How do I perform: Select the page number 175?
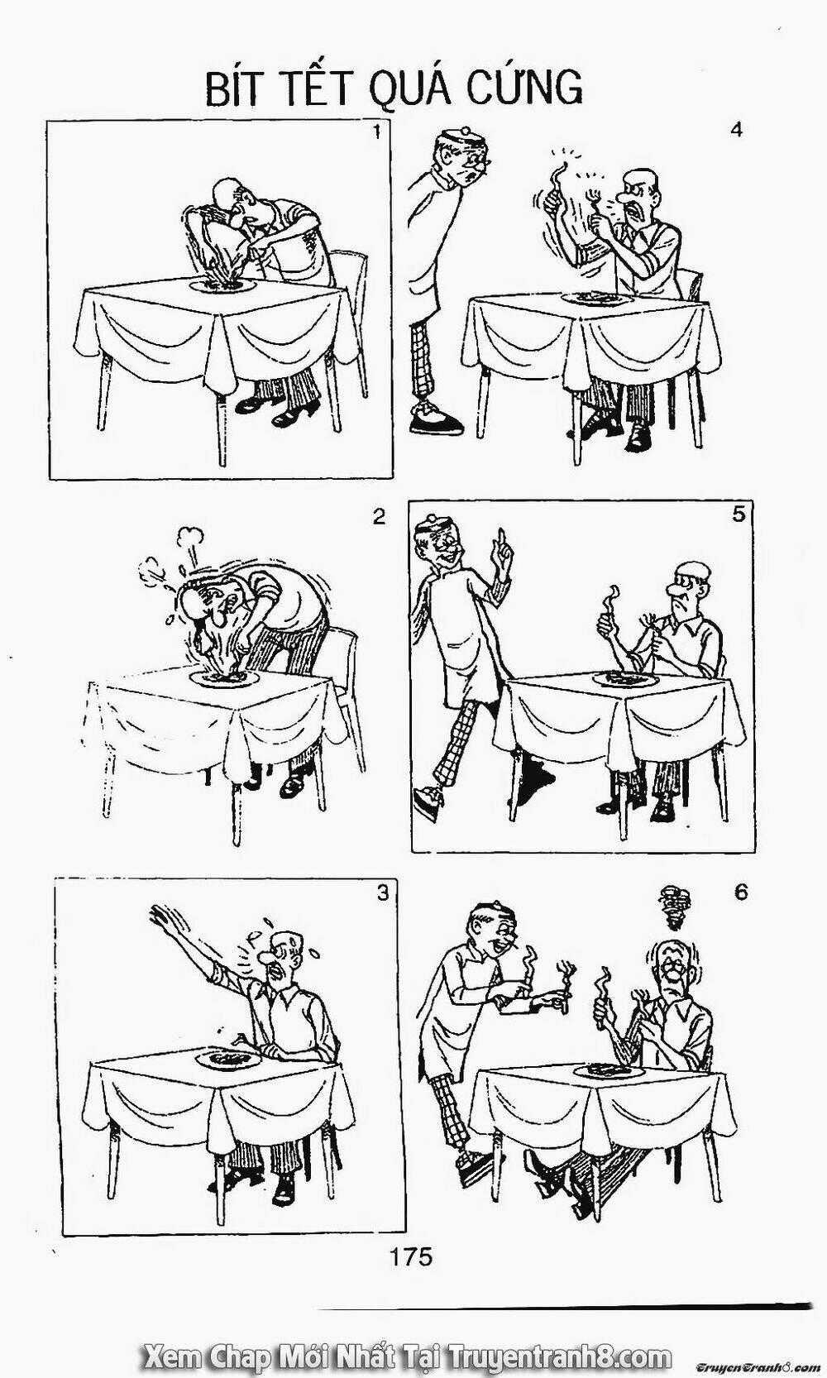[411, 1256]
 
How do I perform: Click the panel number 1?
[377, 132]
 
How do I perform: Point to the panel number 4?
[736, 131]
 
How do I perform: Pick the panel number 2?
[379, 517]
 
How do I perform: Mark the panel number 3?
[383, 892]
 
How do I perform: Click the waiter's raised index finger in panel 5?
[503, 539]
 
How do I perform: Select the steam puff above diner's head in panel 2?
[189, 538]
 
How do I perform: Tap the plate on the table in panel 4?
[593, 299]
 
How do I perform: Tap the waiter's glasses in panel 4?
[478, 160]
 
